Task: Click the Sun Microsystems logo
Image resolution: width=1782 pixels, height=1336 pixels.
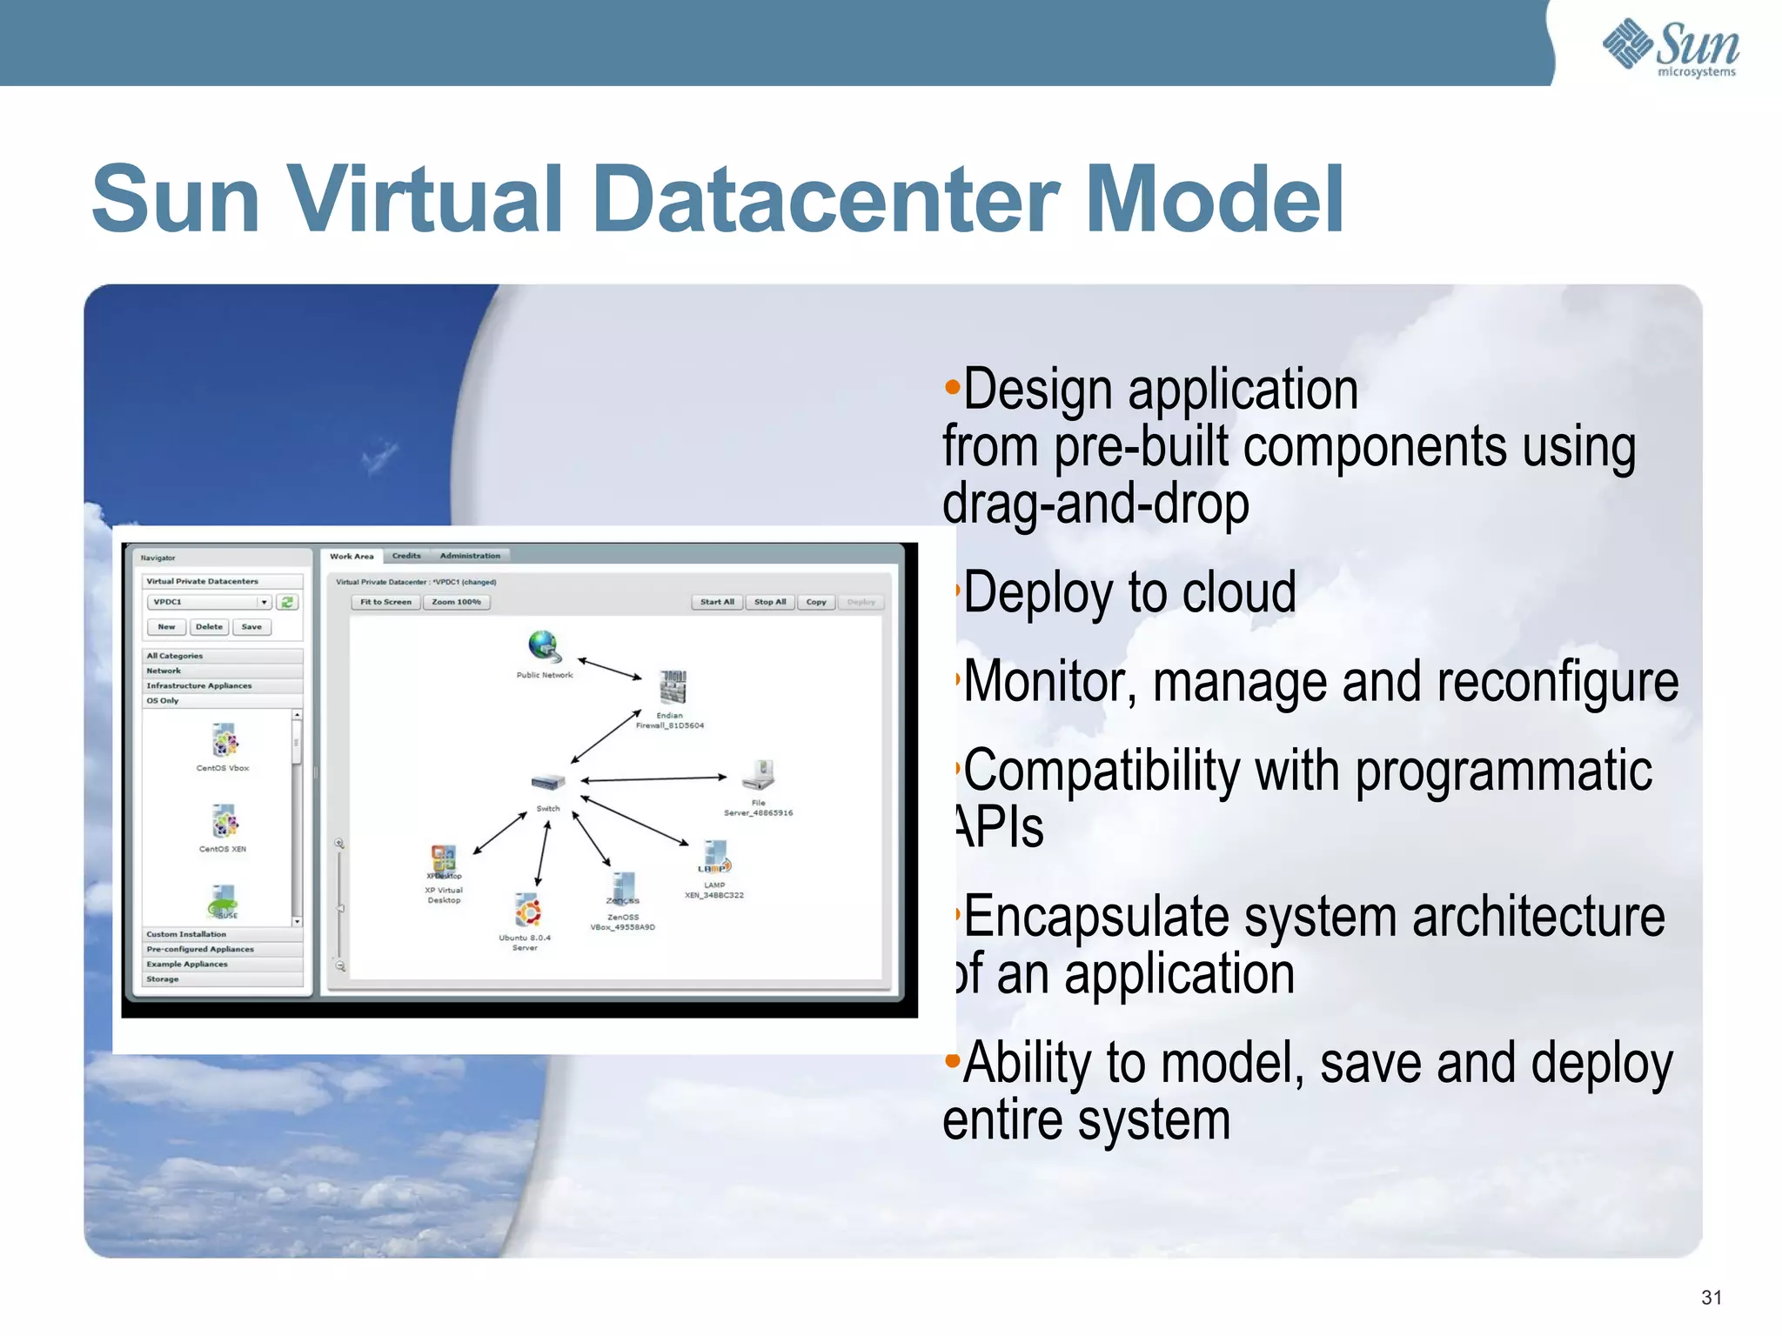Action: (1671, 48)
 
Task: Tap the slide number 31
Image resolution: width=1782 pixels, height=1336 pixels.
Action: (1711, 1298)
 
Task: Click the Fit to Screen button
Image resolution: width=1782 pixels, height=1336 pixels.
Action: (385, 602)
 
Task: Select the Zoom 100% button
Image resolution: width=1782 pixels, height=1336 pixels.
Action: (456, 602)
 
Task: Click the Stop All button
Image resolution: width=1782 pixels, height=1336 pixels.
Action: (769, 602)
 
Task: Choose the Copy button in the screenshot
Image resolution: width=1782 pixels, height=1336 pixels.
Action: (815, 602)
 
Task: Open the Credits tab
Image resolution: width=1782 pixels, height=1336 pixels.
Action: (405, 556)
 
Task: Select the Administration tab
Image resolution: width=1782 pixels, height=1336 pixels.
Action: (470, 556)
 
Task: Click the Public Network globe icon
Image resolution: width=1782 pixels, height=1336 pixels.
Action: (544, 646)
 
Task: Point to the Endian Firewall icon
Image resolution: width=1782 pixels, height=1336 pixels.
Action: (673, 687)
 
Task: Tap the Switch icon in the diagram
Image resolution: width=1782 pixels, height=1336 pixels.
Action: (548, 782)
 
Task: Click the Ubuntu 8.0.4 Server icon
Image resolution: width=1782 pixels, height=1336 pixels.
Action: (527, 911)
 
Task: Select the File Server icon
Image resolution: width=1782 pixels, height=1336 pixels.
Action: (760, 772)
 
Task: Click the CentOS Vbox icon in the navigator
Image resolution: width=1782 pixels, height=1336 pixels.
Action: (224, 741)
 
